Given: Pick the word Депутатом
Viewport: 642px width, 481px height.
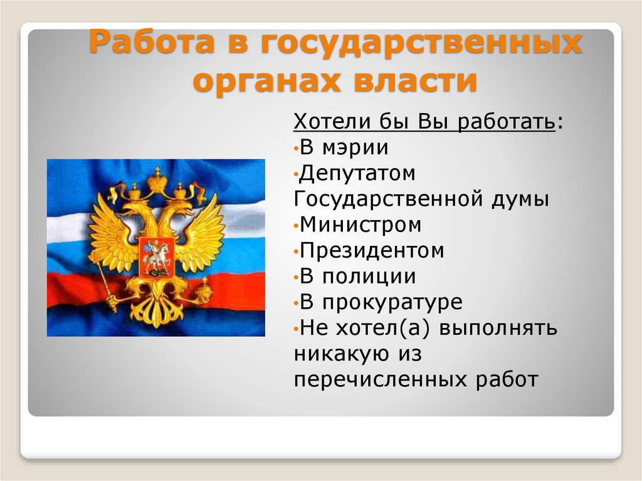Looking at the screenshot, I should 358,173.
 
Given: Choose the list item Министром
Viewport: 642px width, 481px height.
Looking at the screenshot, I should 360,225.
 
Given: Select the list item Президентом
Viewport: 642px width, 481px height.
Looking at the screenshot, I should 372,250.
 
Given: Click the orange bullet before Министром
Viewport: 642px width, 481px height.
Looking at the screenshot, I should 295,225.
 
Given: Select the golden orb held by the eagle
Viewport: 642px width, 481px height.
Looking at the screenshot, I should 205,290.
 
